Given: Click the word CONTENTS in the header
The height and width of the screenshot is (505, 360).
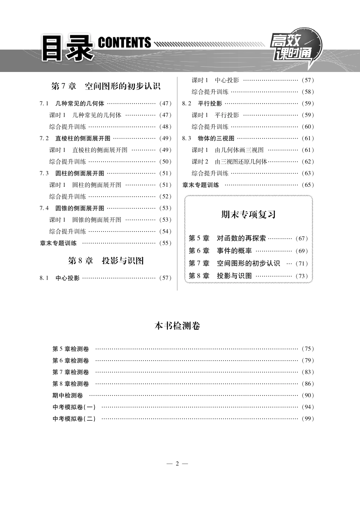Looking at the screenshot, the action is coord(124,43).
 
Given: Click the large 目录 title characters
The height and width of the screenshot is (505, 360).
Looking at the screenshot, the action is coord(67,48).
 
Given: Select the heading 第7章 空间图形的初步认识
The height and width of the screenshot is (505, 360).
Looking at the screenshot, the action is coord(106,86).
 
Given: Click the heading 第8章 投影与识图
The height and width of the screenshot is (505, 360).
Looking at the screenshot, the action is coord(106,261).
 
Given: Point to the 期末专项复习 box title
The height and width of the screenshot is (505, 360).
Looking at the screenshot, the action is coord(248,214).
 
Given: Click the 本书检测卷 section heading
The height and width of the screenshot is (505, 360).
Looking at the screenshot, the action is coord(177,326).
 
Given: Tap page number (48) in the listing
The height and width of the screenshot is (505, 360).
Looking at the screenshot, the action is coord(165,127).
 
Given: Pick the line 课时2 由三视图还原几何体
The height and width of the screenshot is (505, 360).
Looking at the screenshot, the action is coord(230,161).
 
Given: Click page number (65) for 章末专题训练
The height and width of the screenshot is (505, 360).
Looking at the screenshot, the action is coord(308,185).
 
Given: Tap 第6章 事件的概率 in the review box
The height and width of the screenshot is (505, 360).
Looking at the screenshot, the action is coord(220,251).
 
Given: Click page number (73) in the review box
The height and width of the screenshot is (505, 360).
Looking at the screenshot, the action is coord(302,276).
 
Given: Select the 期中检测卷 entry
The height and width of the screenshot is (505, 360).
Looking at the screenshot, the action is coord(67,395).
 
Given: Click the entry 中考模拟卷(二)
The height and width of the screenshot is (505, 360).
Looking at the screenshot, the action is coord(74,419).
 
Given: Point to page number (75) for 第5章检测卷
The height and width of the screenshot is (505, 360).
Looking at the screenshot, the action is coord(308,349).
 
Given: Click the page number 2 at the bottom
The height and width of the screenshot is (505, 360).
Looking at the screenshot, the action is coord(177,463).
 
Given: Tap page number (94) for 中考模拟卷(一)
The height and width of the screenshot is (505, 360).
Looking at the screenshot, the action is coord(308,407).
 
